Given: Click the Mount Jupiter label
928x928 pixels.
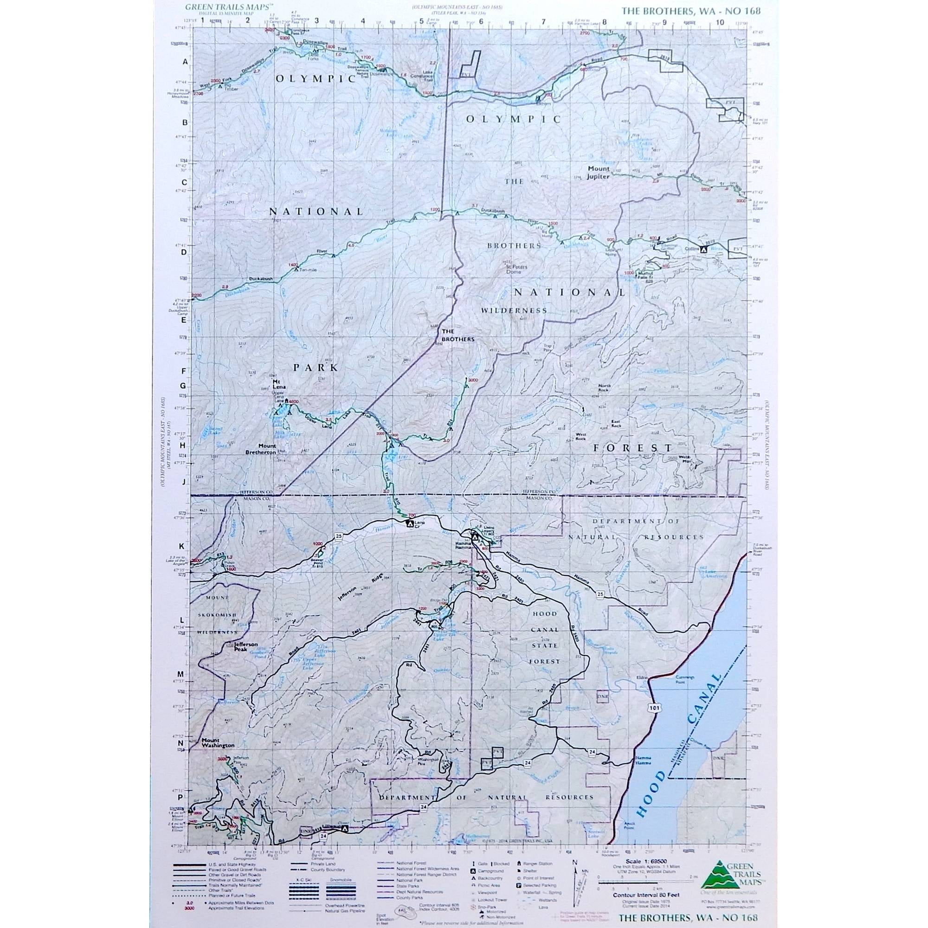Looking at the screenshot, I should (x=599, y=172).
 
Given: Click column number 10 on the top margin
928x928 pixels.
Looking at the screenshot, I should (x=719, y=22).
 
